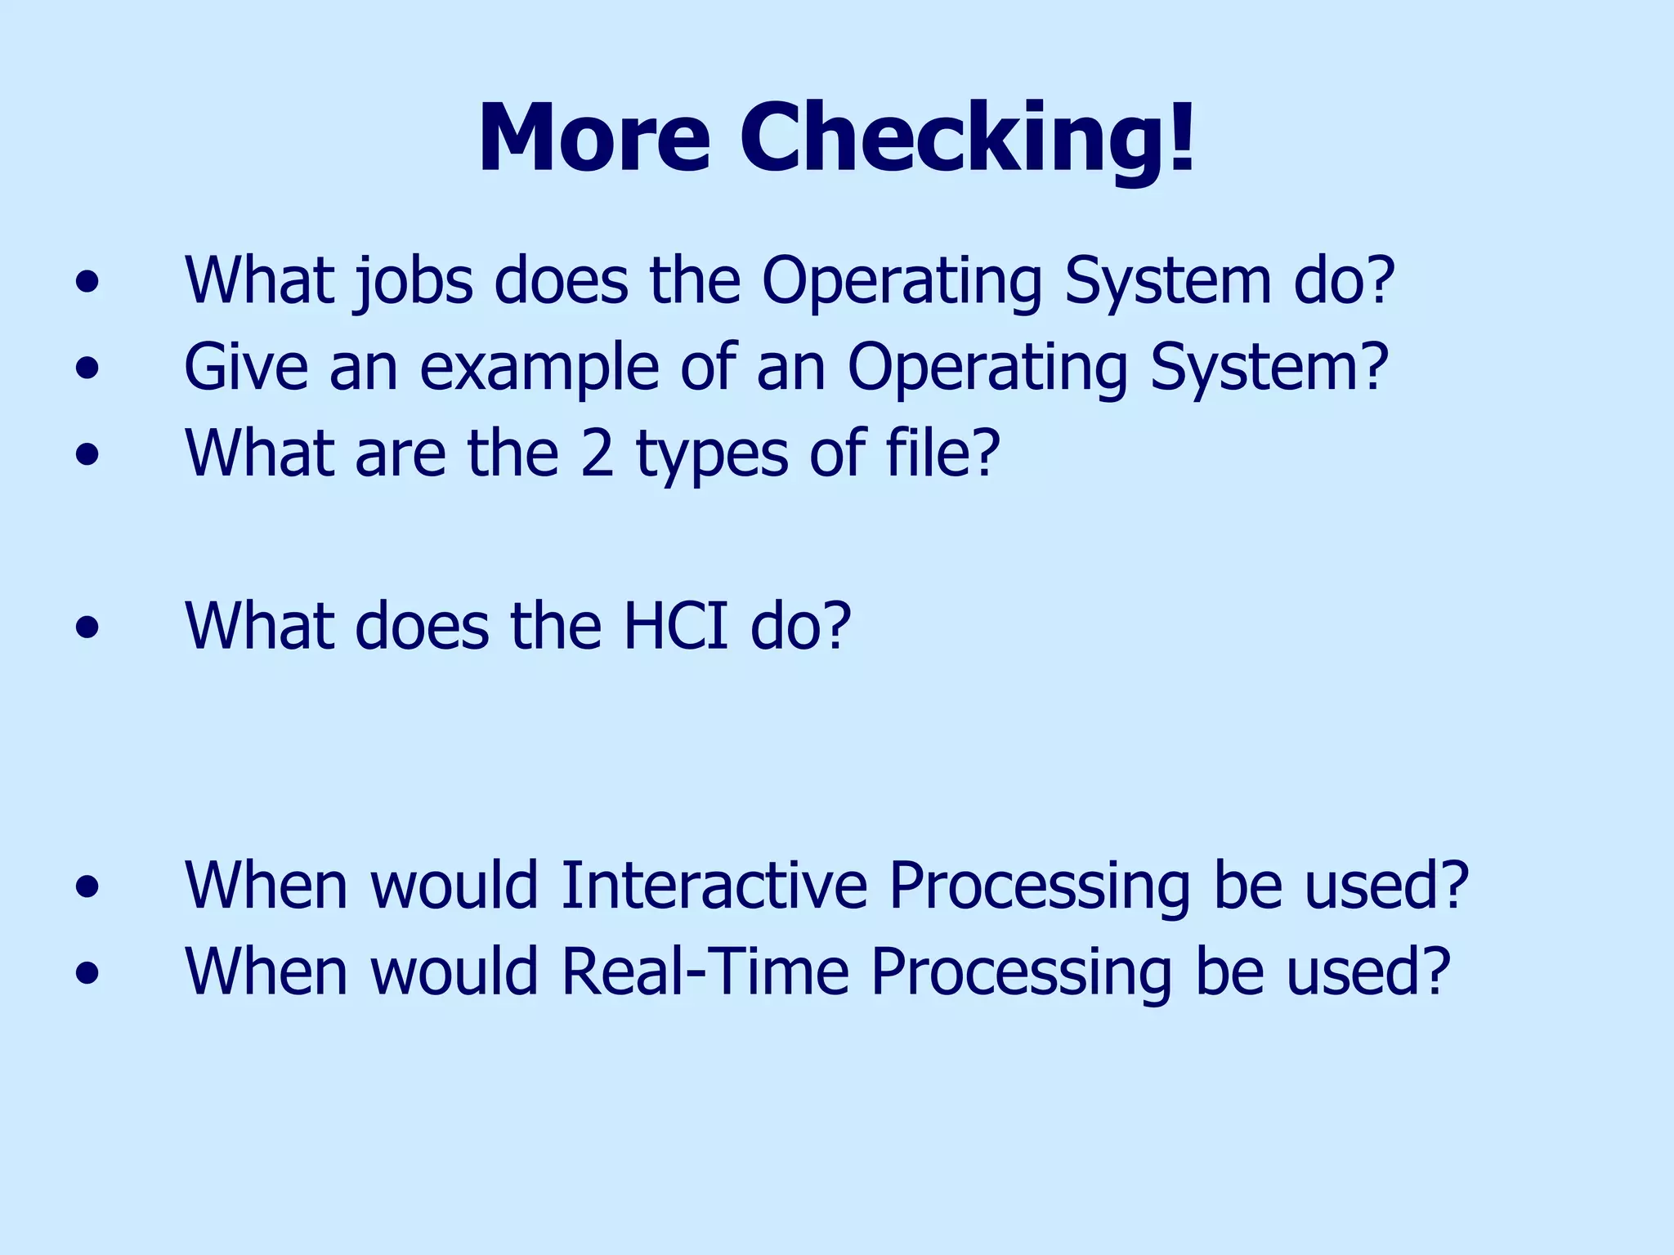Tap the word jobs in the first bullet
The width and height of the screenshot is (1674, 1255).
point(414,282)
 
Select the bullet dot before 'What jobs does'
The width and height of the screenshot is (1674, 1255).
point(87,283)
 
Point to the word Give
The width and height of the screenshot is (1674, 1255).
point(246,367)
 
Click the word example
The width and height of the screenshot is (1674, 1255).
point(539,368)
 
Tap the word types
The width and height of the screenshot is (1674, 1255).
point(712,455)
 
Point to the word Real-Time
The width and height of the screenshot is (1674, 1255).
point(705,971)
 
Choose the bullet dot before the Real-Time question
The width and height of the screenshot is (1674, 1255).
point(87,973)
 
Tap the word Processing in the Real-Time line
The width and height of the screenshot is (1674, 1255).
point(1022,973)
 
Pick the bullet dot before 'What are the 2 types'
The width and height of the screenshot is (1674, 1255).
point(87,455)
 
